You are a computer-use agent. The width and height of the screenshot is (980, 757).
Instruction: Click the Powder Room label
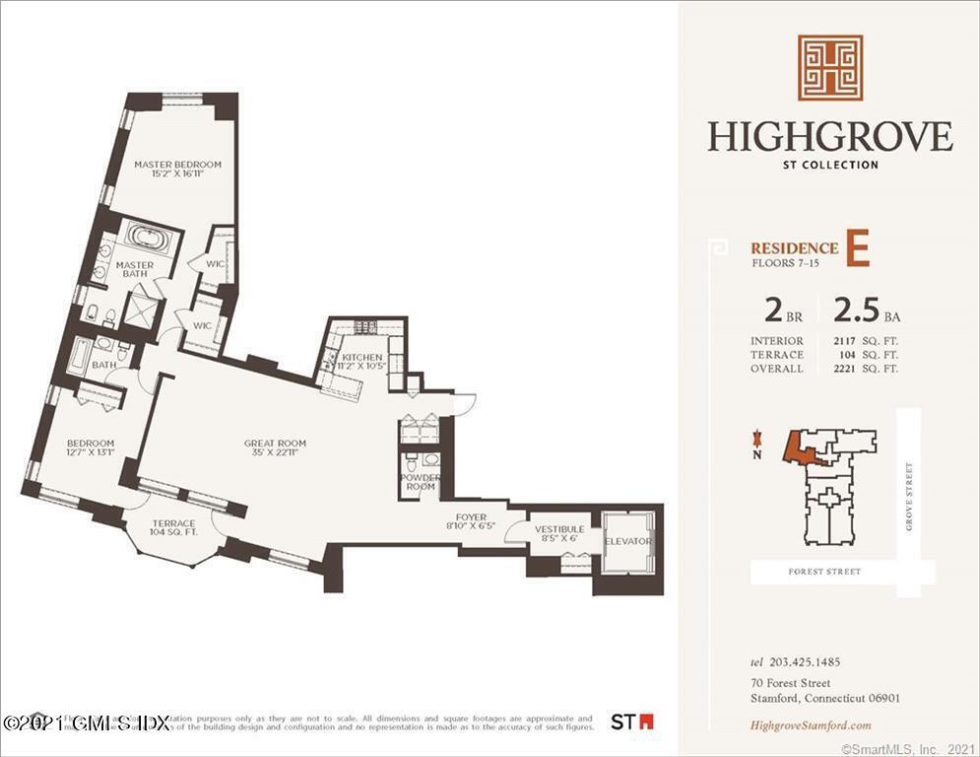(x=421, y=482)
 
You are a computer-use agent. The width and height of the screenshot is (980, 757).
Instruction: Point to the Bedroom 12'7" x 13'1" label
(x=91, y=448)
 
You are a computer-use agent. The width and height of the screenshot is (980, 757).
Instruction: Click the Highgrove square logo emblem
(x=829, y=68)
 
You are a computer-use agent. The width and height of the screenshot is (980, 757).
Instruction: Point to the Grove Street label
(x=909, y=497)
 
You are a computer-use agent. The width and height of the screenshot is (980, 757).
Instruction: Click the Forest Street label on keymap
(x=825, y=572)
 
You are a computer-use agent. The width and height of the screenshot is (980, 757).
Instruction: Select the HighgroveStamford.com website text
(x=811, y=725)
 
